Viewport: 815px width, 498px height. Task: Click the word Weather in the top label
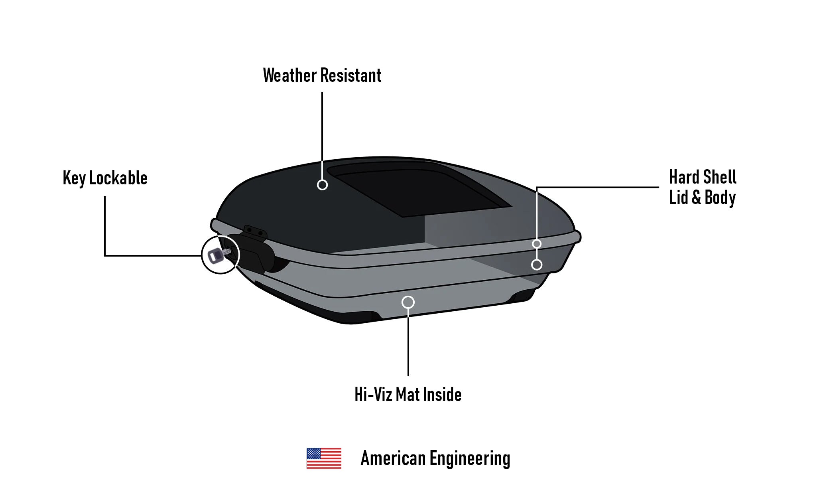290,75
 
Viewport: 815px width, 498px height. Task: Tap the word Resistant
351,75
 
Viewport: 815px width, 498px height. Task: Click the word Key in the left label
74,178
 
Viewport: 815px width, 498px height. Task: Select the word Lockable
118,178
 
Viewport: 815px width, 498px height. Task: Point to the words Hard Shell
703,177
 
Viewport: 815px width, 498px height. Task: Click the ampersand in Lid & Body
696,197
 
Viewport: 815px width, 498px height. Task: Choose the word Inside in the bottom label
442,394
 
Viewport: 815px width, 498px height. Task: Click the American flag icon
324,458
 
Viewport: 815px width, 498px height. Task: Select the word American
393,458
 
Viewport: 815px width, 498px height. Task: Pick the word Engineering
470,458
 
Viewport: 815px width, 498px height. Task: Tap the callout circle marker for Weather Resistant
322,185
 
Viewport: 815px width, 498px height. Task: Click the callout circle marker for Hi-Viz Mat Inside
408,302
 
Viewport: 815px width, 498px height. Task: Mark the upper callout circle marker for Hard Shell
537,244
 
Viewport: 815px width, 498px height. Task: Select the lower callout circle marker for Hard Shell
537,265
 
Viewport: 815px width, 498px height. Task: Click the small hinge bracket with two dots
255,231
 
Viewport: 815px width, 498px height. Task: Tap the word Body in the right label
720,197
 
